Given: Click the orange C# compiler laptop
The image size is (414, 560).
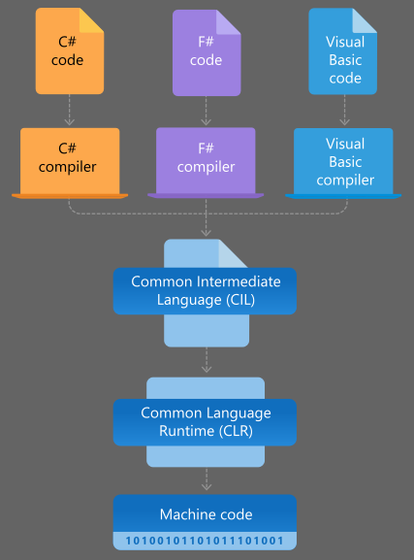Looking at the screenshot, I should [70, 160].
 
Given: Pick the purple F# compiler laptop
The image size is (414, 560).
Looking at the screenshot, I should [206, 160].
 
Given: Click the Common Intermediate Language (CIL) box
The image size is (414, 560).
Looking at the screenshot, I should [205, 290].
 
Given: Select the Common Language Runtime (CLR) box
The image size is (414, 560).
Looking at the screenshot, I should [205, 421].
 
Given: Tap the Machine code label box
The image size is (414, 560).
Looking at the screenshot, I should [205, 513].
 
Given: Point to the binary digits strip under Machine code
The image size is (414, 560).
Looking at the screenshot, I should [205, 541].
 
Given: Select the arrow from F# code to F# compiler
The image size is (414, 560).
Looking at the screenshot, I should [206, 112].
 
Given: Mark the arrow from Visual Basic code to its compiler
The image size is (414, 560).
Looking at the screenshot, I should [344, 111].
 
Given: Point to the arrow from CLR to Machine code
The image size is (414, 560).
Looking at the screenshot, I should [206, 479].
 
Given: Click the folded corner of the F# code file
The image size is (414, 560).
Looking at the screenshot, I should [229, 19].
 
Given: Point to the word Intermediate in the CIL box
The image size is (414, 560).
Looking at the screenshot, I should [239, 281].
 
